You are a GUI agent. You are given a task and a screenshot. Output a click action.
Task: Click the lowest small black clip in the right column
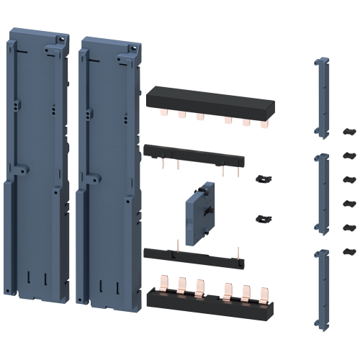349,251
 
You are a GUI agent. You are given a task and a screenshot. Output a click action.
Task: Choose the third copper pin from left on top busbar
199,117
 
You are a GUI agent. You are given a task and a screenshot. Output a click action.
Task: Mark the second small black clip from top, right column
349,155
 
